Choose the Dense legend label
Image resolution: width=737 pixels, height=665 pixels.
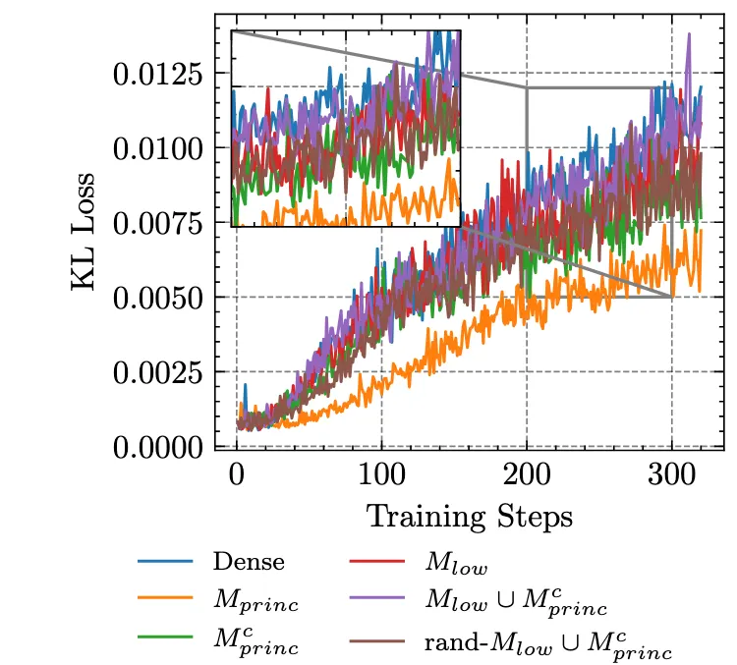pos(249,563)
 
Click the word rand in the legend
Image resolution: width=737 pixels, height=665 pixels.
pos(447,649)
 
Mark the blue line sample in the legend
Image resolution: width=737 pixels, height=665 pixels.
pos(163,563)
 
